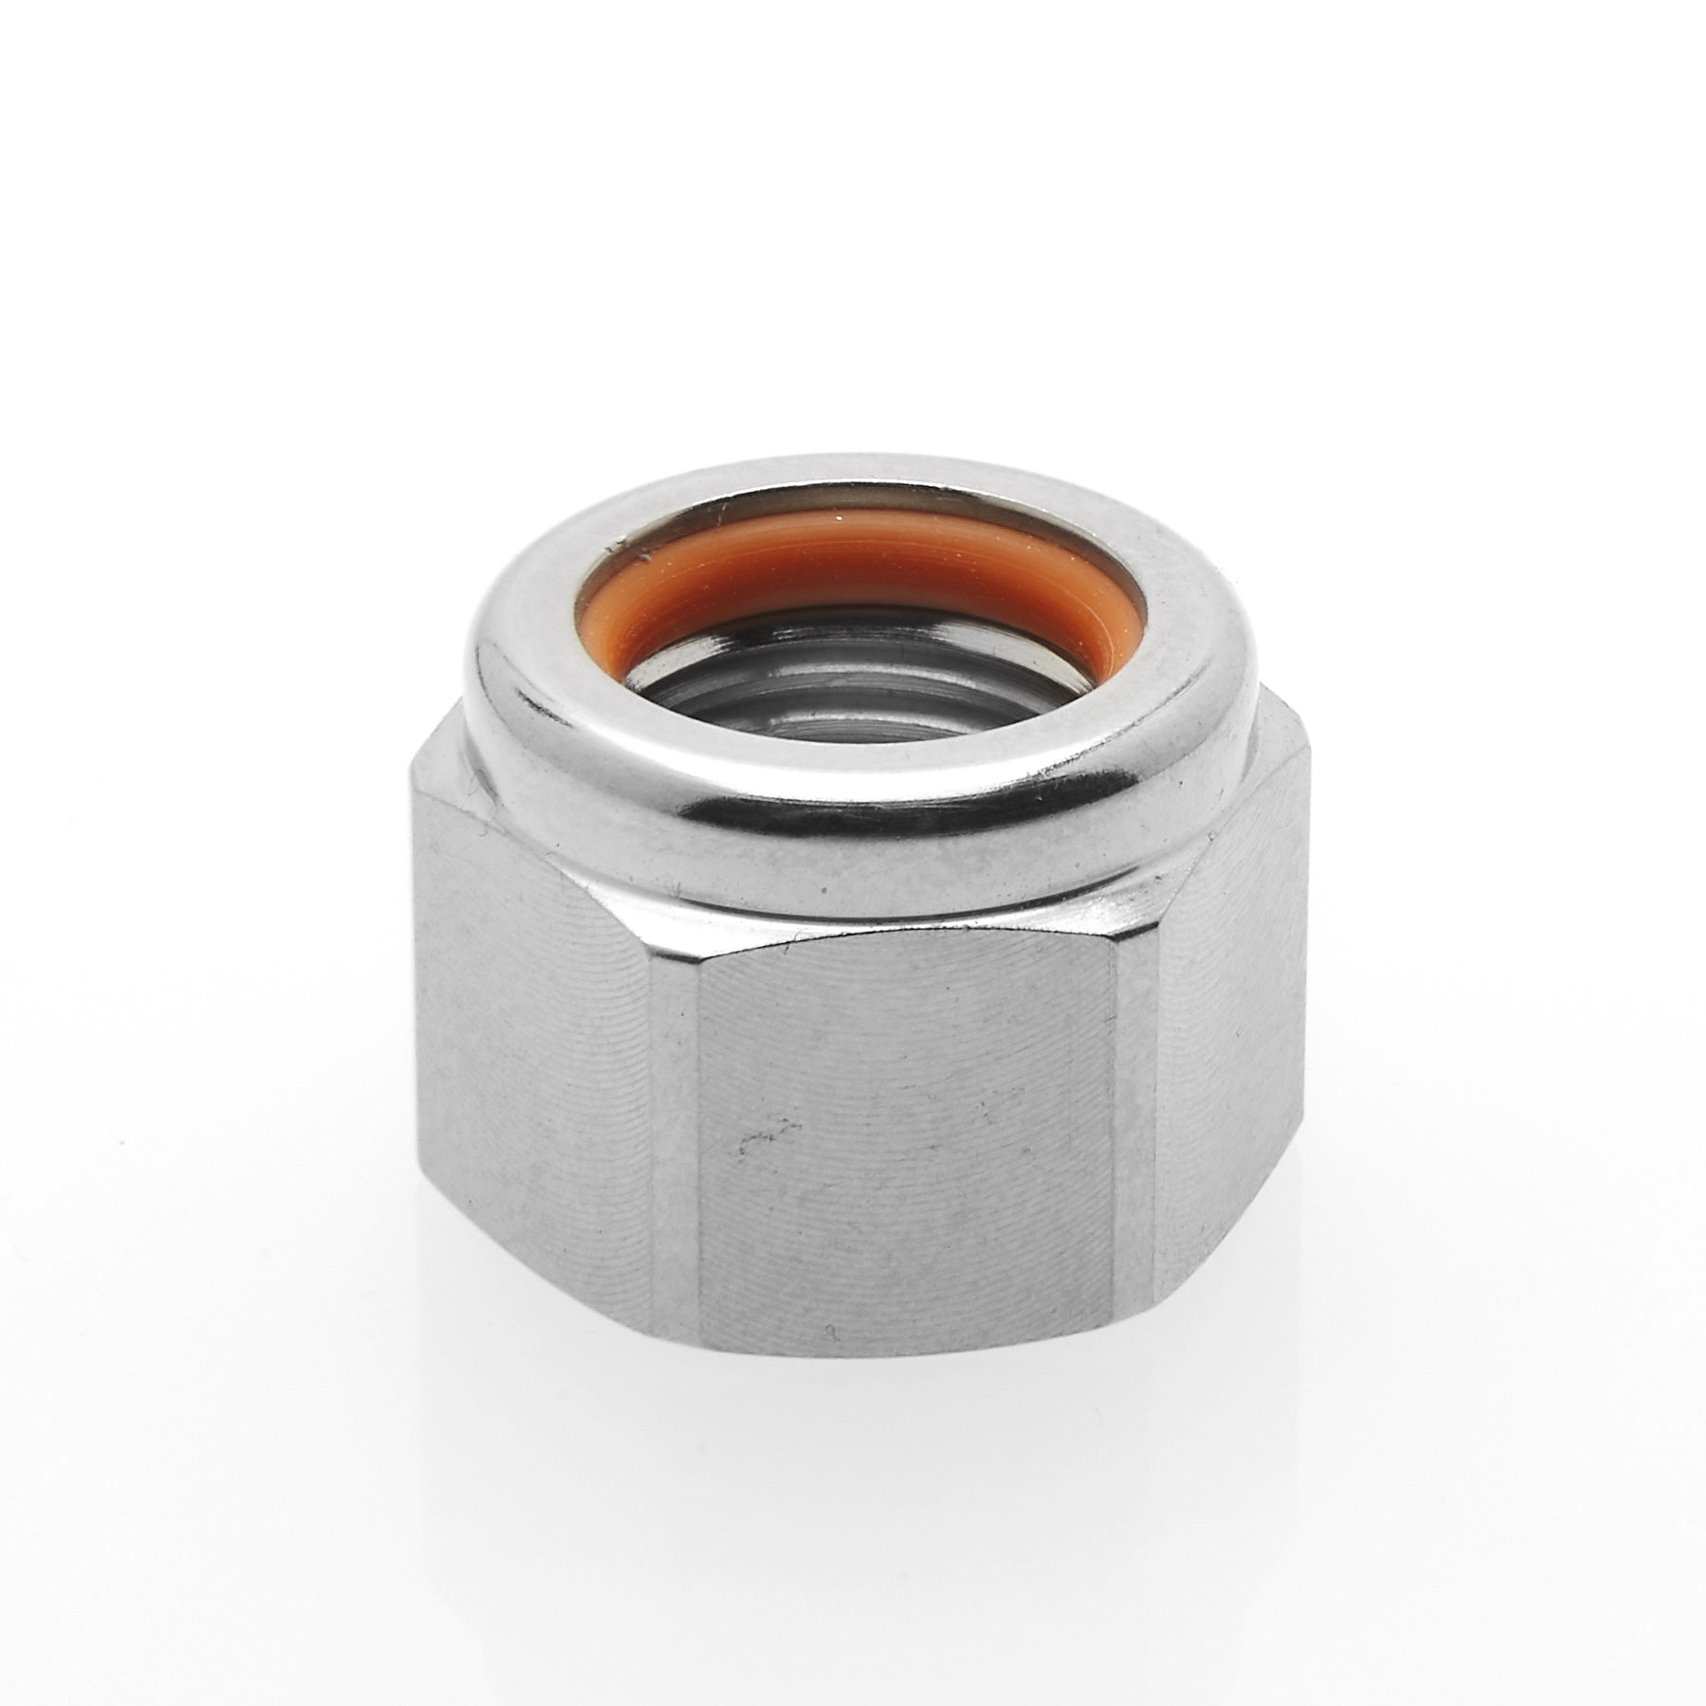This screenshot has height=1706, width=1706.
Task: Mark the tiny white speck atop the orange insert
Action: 835,518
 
